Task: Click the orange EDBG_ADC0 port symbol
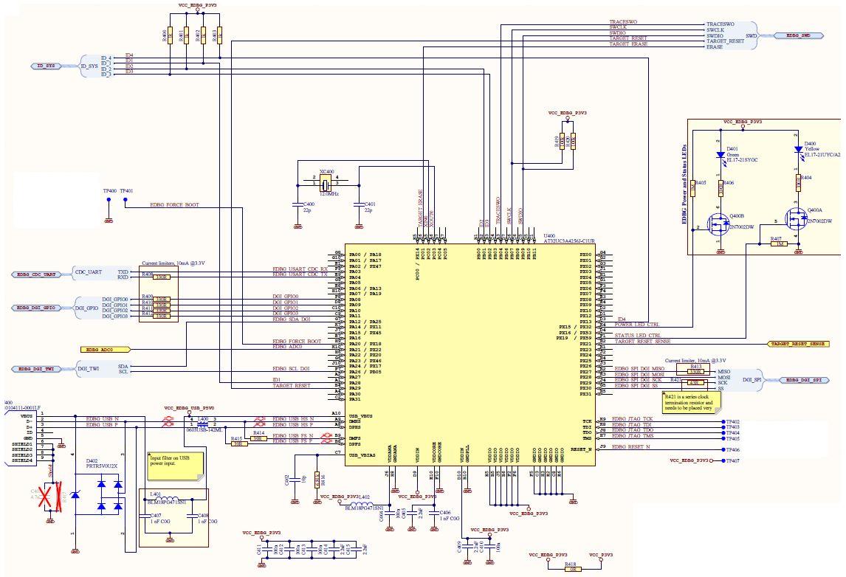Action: [x=104, y=348]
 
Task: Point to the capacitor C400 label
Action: [x=309, y=204]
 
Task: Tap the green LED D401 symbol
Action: [x=720, y=155]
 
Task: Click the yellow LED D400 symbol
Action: [x=798, y=149]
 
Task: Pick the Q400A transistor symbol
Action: [x=795, y=218]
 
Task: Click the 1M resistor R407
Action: [x=777, y=243]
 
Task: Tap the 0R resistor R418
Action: [x=570, y=569]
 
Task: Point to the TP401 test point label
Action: [x=126, y=190]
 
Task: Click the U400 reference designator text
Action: [x=549, y=235]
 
